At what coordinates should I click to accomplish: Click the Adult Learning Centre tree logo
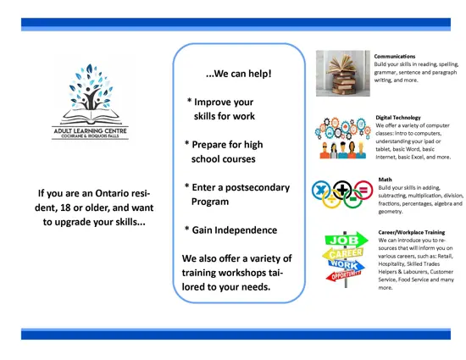click(90, 102)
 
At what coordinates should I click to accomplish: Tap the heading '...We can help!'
click(239, 74)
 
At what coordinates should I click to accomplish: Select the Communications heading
click(395, 56)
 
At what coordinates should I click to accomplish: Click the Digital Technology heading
click(398, 118)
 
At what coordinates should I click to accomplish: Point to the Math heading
click(386, 180)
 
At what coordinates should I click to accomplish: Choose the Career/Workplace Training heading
click(412, 232)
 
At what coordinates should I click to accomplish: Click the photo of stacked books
click(343, 74)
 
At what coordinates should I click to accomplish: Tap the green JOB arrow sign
click(347, 240)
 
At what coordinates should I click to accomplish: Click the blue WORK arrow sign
click(347, 264)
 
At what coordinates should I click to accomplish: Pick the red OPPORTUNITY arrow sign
click(344, 275)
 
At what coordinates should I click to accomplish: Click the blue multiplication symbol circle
click(321, 190)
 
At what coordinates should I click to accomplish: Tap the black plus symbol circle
click(342, 190)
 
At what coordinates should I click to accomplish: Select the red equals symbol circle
click(363, 190)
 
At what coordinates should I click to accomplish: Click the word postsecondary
click(258, 188)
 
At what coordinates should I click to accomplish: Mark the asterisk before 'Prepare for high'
click(187, 143)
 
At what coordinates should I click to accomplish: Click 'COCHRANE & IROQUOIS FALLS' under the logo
click(90, 136)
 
